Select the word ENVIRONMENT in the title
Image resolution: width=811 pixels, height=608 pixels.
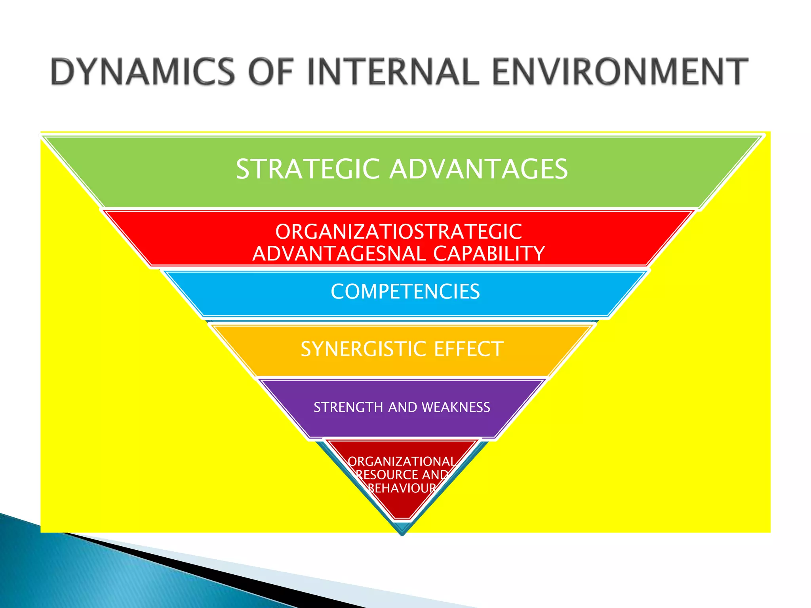pos(620,72)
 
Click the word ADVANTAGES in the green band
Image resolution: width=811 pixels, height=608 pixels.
pos(479,169)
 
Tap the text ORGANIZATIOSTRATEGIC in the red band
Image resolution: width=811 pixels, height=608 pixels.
pos(398,232)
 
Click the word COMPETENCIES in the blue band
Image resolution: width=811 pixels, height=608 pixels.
pos(405,292)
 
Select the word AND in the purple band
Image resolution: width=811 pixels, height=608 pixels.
pos(402,407)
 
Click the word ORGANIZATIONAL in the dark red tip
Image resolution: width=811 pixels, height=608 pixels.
pos(402,462)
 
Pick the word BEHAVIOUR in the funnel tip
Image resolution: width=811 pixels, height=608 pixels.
pos(402,488)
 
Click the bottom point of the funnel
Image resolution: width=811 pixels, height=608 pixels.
pos(402,534)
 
